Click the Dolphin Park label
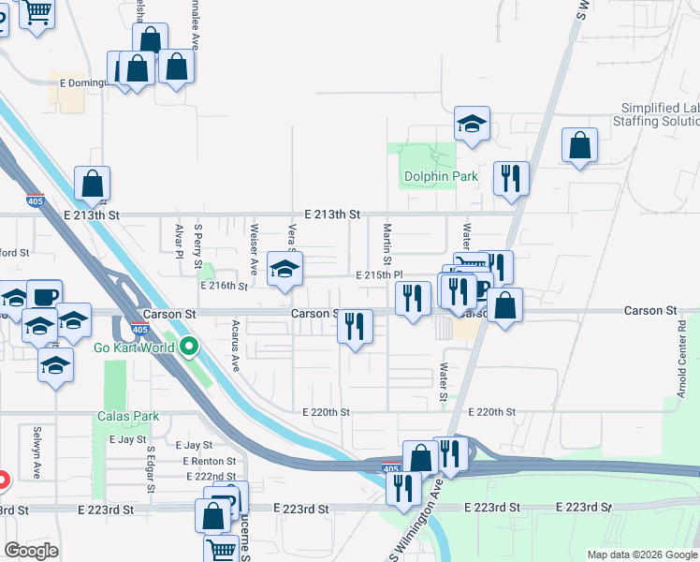440,176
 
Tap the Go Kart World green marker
190,348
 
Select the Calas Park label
128,416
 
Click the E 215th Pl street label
379,274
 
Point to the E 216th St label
223,285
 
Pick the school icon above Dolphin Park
473,123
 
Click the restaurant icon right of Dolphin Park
511,178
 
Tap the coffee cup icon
44,296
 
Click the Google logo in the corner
31,551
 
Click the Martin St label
386,243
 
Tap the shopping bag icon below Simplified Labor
580,145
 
